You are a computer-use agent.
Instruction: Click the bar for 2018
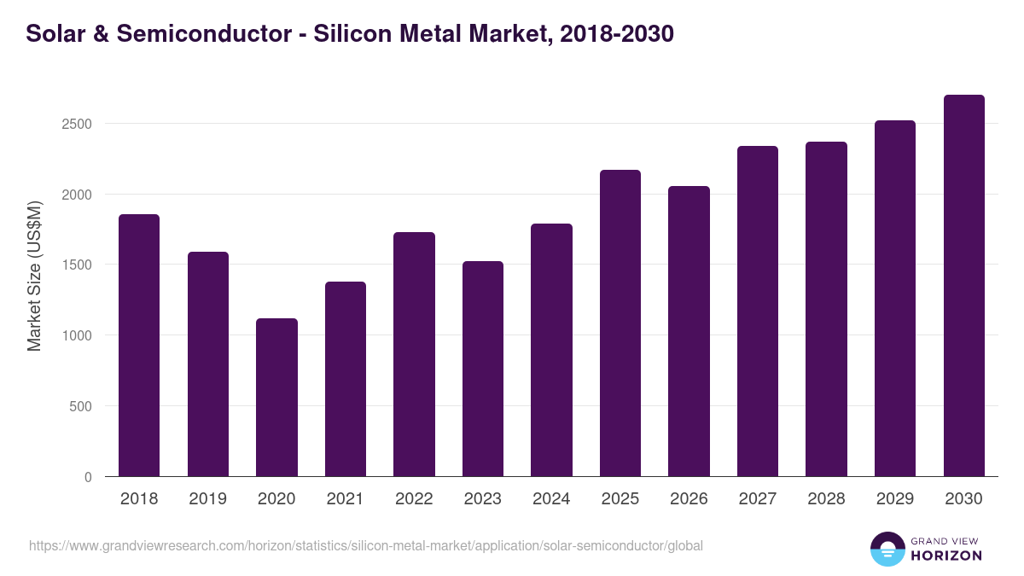[139, 346]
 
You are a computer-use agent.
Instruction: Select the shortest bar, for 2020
[276, 398]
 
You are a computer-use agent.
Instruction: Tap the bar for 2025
[620, 323]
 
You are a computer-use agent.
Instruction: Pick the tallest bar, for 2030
[963, 286]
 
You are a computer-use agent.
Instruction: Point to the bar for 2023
[483, 369]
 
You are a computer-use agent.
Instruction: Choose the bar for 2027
[758, 311]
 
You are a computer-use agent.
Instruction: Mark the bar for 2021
[346, 379]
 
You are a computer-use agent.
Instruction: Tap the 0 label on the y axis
[88, 477]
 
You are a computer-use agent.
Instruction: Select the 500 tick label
[79, 406]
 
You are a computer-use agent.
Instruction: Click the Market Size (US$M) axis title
[34, 277]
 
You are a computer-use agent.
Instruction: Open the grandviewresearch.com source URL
[366, 545]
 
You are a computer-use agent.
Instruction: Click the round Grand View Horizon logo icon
[887, 549]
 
